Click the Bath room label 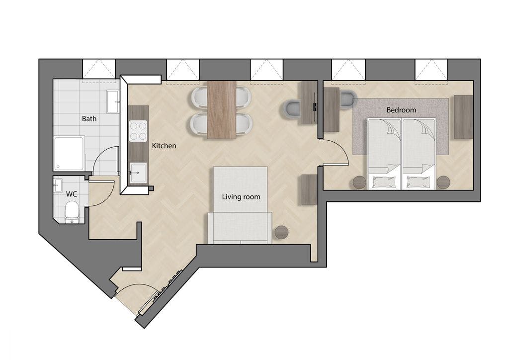coord(89,118)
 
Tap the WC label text coord(72,194)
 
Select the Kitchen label coord(164,146)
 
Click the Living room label coord(241,197)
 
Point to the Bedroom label coord(401,110)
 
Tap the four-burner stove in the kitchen coord(138,131)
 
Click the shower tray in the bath coord(69,154)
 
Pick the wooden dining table coord(222,110)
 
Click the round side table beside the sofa coord(281,232)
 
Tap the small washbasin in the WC coord(59,185)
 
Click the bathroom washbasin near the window coord(113,101)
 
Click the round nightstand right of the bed coord(443,182)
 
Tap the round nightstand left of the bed coord(360,182)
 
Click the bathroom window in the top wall coord(99,69)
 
